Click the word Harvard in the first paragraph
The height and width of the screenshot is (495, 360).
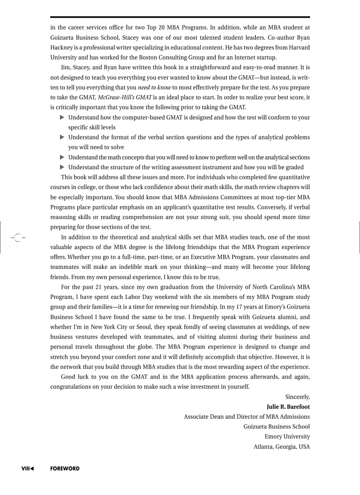coord(299,47)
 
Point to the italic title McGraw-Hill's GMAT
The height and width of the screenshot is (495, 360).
coord(125,97)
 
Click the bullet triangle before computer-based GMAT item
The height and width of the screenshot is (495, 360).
coord(62,117)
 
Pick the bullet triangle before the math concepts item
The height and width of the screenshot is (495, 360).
coord(62,157)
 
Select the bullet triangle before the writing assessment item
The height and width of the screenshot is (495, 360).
coord(62,167)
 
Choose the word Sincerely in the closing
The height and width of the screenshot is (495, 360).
coord(297,397)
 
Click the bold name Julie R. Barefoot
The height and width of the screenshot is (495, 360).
coord(288,406)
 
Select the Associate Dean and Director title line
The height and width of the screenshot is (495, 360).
coord(247,417)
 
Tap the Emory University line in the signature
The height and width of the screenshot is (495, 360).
coord(287,436)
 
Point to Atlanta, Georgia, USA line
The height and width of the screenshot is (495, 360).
coord(281,447)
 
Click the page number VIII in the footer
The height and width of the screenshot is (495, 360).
coord(26,469)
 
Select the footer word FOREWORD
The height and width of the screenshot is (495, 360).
coord(64,469)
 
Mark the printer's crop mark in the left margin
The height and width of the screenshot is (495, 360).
coord(17,237)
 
